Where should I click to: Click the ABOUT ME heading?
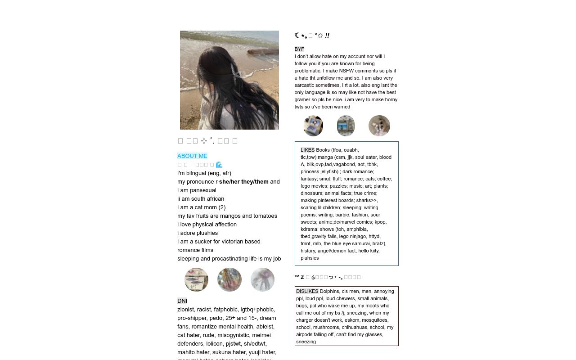pyautogui.click(x=192, y=156)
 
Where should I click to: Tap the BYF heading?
pyautogui.click(x=299, y=49)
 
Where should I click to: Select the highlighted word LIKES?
pyautogui.click(x=307, y=150)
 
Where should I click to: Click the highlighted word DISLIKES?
pyautogui.click(x=307, y=291)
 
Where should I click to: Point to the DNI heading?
pyautogui.click(x=182, y=301)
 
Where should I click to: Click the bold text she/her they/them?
pyautogui.click(x=243, y=182)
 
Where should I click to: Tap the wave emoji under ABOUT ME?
pyautogui.click(x=219, y=165)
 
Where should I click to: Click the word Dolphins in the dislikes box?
pyautogui.click(x=329, y=291)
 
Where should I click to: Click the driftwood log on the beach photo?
pyautogui.click(x=263, y=51)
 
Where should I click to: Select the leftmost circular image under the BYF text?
pyautogui.click(x=313, y=126)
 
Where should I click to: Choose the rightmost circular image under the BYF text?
pyautogui.click(x=379, y=126)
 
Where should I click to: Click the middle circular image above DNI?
pyautogui.click(x=229, y=280)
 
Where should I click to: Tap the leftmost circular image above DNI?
pyautogui.click(x=196, y=280)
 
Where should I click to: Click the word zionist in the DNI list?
pyautogui.click(x=185, y=310)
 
